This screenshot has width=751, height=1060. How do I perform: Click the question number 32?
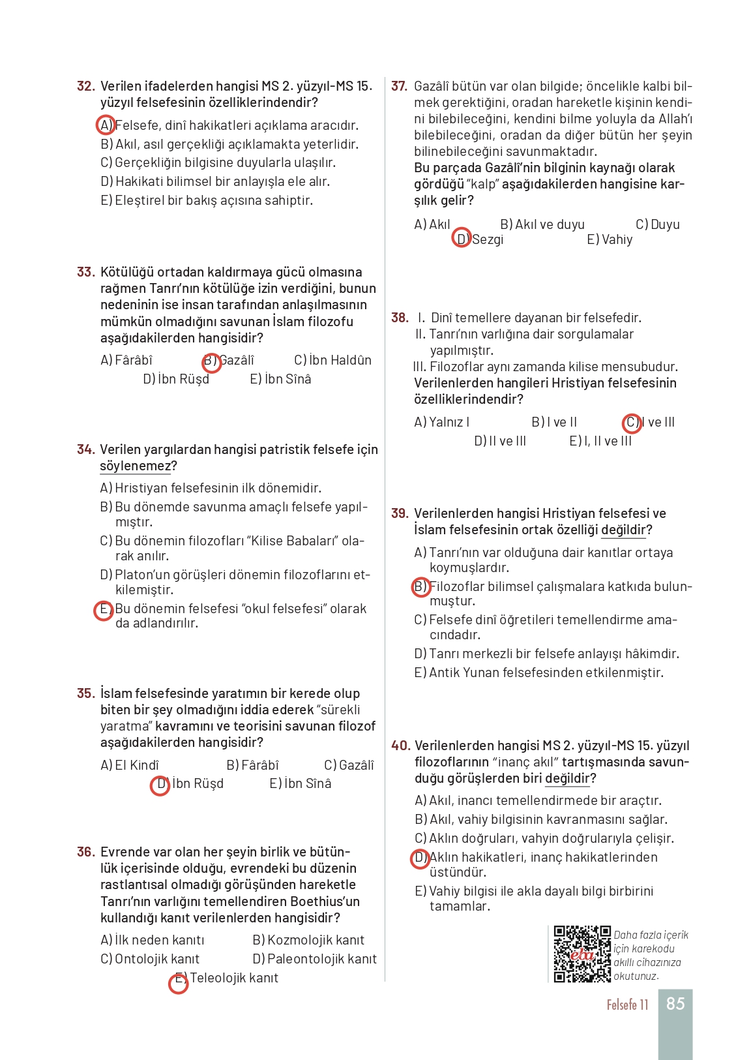pos(85,86)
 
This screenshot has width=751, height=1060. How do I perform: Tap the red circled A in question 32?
pos(106,125)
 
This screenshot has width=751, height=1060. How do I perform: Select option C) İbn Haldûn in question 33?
pos(332,360)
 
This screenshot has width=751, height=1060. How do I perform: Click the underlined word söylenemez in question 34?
pos(135,466)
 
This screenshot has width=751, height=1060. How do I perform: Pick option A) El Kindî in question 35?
pos(130,765)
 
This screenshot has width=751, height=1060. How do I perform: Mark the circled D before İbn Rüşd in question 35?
pos(160,785)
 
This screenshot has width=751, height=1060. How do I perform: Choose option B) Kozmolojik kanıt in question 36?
pos(308,940)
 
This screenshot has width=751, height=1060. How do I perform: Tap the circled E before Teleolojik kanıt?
pos(179,982)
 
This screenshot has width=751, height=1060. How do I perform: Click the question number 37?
pos(399,86)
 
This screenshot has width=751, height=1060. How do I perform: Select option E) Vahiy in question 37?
pos(610,239)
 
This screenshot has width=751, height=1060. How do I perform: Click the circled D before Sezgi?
pos(462,239)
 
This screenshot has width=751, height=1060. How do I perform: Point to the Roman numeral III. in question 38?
pos(419,367)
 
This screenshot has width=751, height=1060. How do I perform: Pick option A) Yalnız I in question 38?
pos(442,422)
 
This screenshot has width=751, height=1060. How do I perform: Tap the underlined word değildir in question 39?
pos(623,530)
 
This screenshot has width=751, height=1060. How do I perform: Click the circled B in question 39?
pos(421,586)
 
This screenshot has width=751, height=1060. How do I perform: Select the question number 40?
pos(400,746)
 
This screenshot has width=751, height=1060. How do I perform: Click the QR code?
pos(582,954)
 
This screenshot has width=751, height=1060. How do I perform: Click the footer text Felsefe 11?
pos(627,1005)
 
